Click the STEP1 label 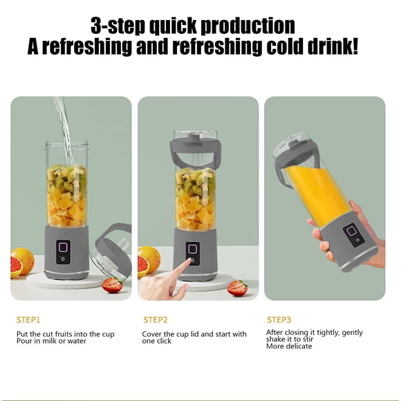(x=28, y=320)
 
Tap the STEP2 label (x=156, y=320)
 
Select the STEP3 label (x=279, y=320)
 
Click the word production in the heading (x=248, y=26)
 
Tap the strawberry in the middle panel (x=237, y=288)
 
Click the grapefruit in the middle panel (x=149, y=261)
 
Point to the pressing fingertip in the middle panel (x=189, y=261)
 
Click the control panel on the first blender (x=63, y=252)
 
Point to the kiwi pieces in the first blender (x=67, y=179)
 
